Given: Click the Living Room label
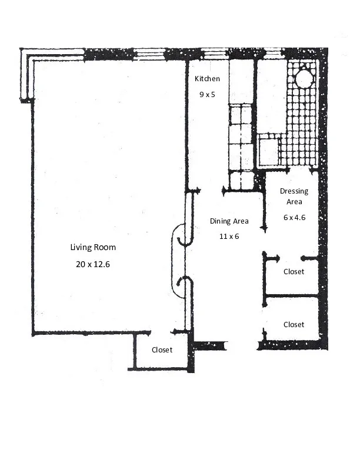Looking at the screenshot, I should [93, 247].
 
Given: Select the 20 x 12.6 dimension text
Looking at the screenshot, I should [93, 264].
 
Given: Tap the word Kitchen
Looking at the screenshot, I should [207, 78].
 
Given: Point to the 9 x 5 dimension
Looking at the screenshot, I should [207, 94].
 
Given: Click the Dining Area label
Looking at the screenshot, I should [229, 221].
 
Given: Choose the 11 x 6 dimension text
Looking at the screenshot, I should [229, 236].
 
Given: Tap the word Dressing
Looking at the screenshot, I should [294, 191].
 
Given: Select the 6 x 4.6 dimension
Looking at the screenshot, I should [294, 217].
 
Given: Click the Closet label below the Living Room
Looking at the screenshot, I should [162, 349].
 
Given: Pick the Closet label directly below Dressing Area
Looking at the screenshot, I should [294, 271].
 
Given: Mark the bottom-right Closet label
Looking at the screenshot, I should [294, 324].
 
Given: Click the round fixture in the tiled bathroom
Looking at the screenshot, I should [304, 78].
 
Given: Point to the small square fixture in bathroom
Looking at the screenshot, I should [268, 152].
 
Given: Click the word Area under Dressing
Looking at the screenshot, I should [294, 202].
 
